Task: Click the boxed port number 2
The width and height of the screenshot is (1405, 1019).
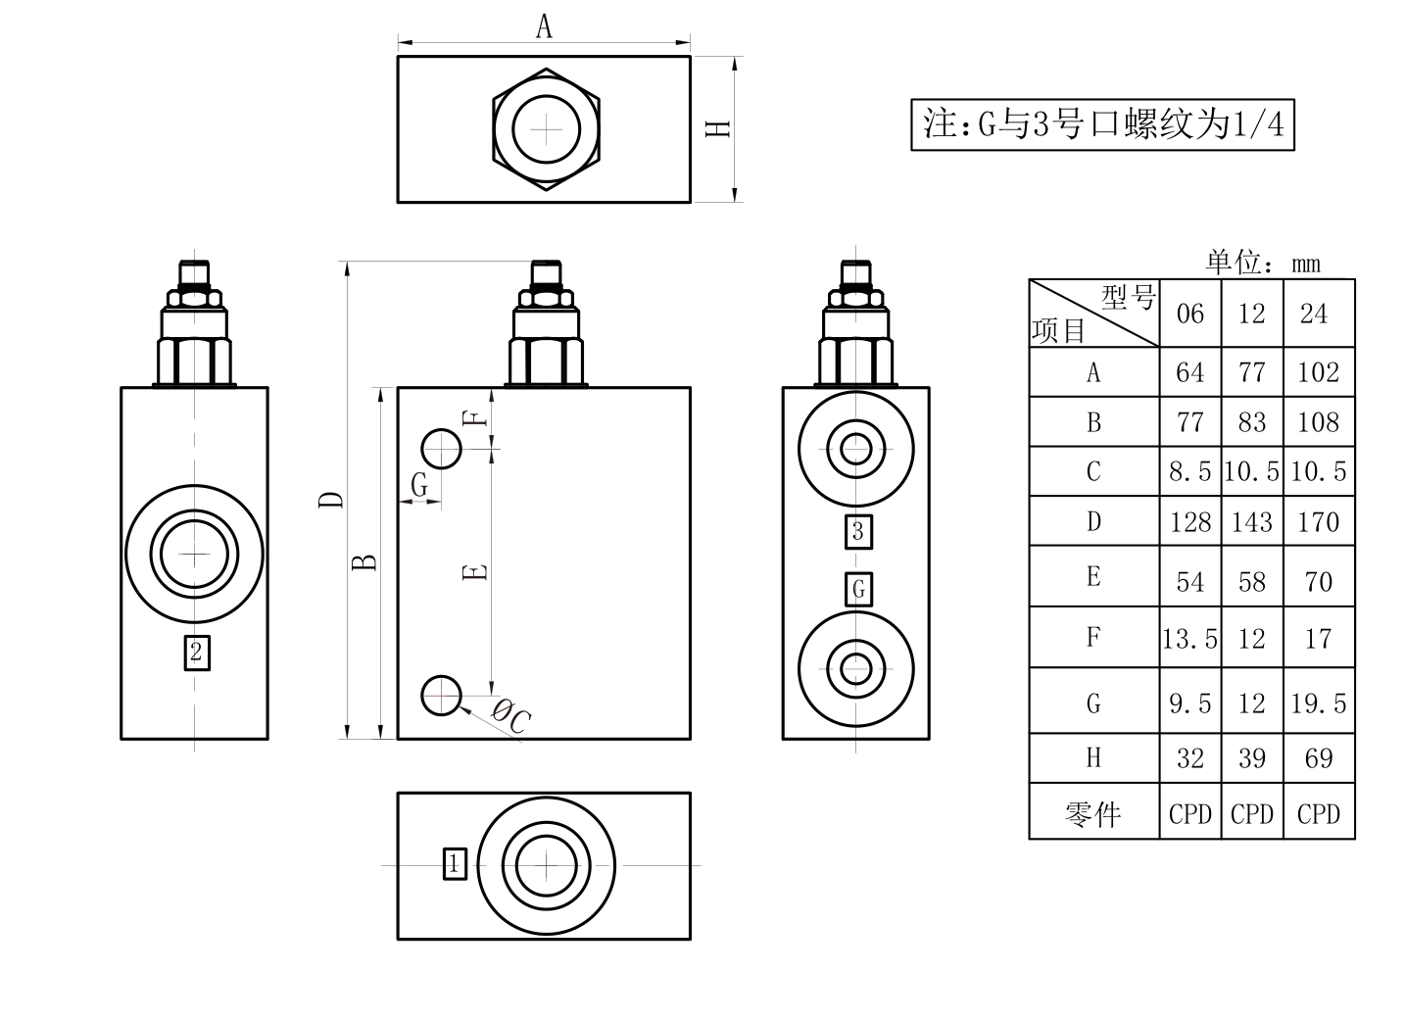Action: point(197,653)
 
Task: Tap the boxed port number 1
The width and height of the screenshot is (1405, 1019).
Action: point(455,864)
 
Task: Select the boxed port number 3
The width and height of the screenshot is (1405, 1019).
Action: point(858,532)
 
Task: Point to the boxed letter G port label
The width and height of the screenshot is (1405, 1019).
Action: point(858,590)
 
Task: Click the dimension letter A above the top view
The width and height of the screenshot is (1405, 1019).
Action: point(544,27)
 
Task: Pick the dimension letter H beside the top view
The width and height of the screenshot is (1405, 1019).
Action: point(718,128)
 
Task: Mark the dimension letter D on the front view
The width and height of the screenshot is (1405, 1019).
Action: point(331,500)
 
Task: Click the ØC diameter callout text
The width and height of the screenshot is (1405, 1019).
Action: point(511,716)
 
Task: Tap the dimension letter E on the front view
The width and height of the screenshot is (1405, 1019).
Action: point(475,572)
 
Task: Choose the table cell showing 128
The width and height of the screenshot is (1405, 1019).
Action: point(1189,521)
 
